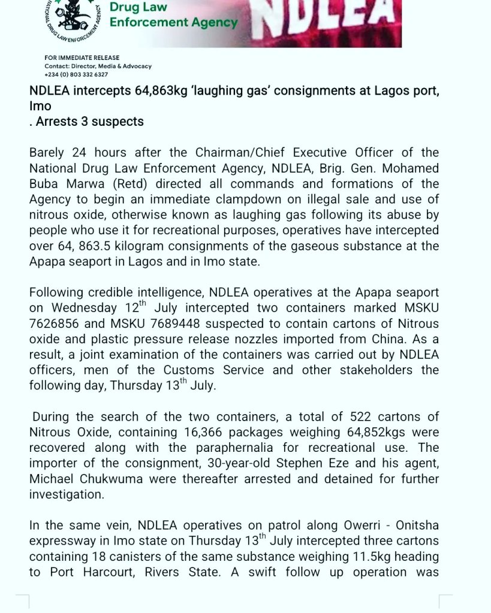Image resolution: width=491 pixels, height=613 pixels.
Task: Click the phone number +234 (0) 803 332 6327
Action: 76,74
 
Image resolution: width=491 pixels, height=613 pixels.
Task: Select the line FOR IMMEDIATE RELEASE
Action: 82,58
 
